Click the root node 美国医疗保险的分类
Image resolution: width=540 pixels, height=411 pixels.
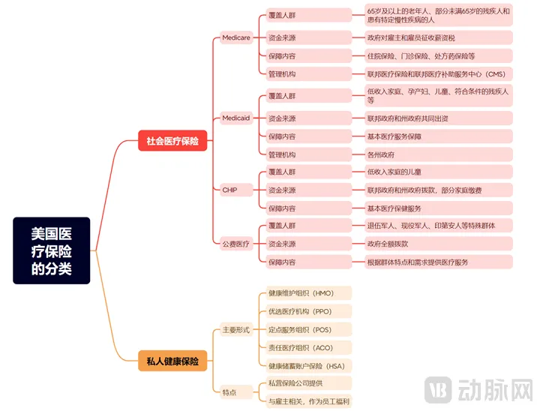(x=51, y=250)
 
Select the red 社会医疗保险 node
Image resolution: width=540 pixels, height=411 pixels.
(x=172, y=140)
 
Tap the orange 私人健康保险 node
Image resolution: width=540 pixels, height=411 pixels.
(x=172, y=361)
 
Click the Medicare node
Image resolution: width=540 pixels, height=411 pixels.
(x=236, y=37)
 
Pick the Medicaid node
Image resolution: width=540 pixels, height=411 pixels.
(x=236, y=118)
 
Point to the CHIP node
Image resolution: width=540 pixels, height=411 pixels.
(x=229, y=190)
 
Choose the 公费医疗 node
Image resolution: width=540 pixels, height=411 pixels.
(x=235, y=244)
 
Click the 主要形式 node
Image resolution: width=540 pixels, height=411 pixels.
(x=235, y=330)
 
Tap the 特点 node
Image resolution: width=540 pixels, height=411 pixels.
(x=229, y=391)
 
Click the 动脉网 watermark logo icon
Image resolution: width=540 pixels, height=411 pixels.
(x=439, y=391)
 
